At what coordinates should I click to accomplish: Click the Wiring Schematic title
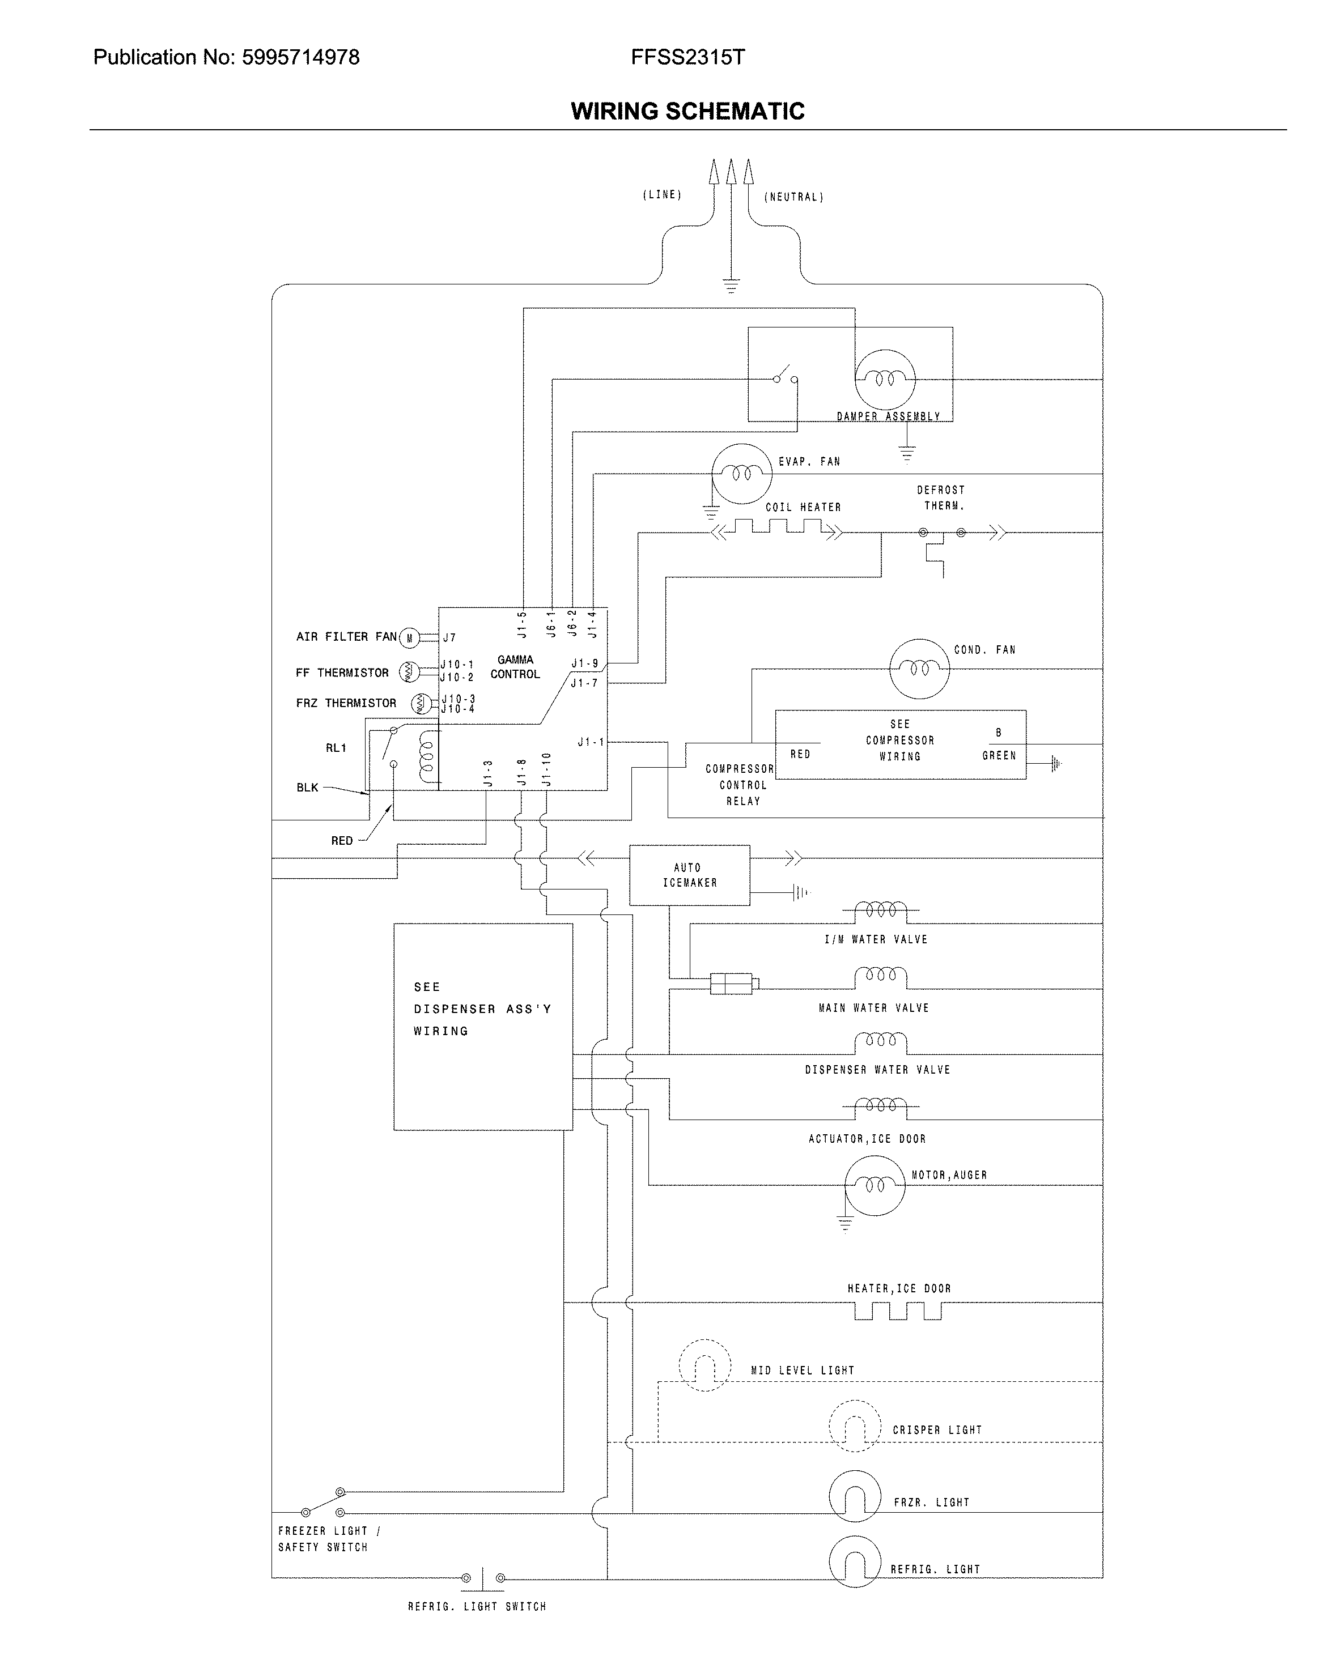click(x=687, y=111)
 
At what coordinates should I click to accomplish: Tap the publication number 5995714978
click(x=300, y=57)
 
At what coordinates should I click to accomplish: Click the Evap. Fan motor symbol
click(x=741, y=474)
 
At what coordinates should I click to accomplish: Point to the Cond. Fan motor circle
click(x=919, y=669)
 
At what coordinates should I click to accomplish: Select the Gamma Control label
click(x=515, y=667)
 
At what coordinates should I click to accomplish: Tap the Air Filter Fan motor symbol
click(x=410, y=637)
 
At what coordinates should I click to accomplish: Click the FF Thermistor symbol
click(x=409, y=673)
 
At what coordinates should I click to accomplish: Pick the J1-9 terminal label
click(x=584, y=663)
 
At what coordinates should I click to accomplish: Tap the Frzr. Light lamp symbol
click(x=855, y=1495)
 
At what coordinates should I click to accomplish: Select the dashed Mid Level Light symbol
click(x=704, y=1364)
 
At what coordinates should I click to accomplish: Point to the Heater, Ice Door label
click(x=898, y=1288)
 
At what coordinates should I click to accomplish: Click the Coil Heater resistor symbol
click(x=778, y=528)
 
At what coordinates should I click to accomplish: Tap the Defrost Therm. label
click(x=941, y=498)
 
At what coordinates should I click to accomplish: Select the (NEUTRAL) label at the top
click(x=793, y=197)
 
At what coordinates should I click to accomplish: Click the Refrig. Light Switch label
click(x=476, y=1606)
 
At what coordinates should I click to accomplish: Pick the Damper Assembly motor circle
click(x=885, y=379)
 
